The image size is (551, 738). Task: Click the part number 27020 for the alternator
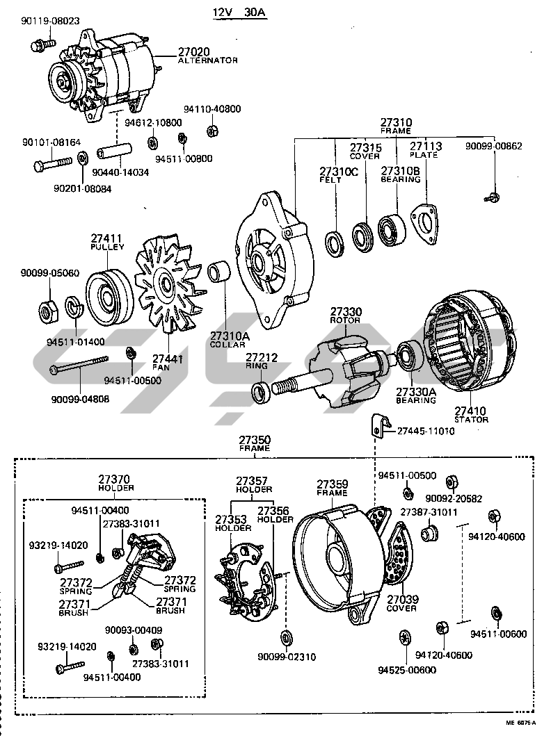pyautogui.click(x=194, y=51)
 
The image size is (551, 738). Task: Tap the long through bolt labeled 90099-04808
pyautogui.click(x=79, y=366)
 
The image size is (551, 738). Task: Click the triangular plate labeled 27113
pyautogui.click(x=425, y=225)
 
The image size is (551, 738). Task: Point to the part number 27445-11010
pyautogui.click(x=426, y=431)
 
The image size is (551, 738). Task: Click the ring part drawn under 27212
pyautogui.click(x=261, y=391)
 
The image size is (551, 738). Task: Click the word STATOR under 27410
pyautogui.click(x=472, y=419)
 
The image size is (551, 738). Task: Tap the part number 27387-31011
pyautogui.click(x=429, y=512)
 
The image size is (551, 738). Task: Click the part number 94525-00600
pyautogui.click(x=407, y=670)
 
